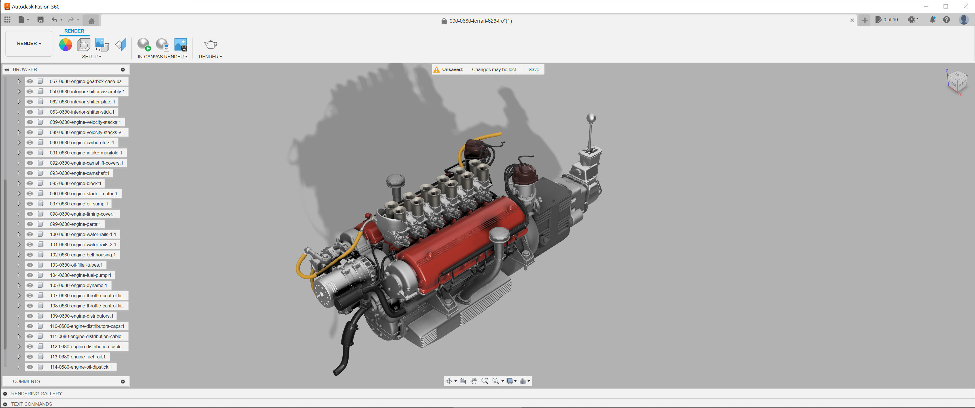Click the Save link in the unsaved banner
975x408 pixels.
tap(534, 70)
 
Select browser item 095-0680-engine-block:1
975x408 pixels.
tap(75, 184)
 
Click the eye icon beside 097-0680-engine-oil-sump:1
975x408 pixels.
tap(30, 204)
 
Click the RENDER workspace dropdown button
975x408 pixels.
tap(29, 44)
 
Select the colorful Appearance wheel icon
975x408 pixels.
tap(65, 45)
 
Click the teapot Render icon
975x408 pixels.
tap(210, 45)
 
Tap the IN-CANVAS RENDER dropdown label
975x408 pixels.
tap(162, 57)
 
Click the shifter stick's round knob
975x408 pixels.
tap(591, 118)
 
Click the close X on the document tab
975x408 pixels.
tap(852, 20)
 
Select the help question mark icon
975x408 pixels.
tap(946, 20)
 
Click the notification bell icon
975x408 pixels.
tap(932, 20)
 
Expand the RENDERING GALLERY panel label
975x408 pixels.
tap(36, 394)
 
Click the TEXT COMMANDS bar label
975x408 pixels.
tap(31, 404)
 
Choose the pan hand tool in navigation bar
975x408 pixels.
tap(474, 381)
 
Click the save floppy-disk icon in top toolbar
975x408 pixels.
tap(41, 20)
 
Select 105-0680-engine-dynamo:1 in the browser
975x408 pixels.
tap(78, 285)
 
